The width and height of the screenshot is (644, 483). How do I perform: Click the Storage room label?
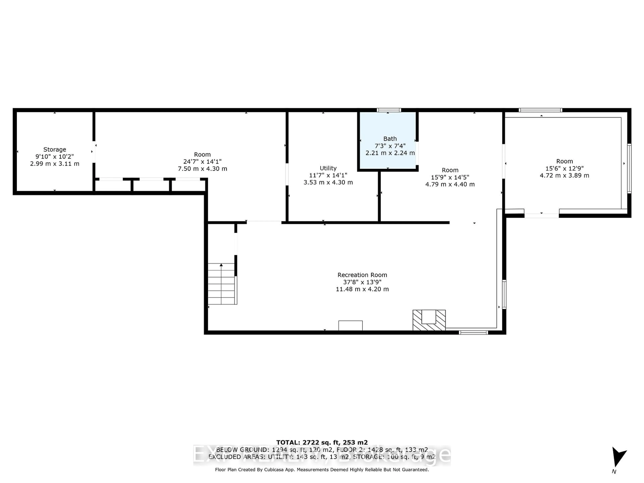[55, 149]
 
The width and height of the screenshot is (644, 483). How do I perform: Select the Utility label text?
[328, 168]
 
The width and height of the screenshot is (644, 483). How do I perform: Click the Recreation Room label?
[362, 275]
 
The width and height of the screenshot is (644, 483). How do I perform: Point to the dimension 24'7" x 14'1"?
[202, 162]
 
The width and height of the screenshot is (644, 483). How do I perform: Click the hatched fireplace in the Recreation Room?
[429, 320]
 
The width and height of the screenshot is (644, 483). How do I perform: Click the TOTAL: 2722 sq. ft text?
[322, 443]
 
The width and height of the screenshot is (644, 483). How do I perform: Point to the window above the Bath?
[389, 110]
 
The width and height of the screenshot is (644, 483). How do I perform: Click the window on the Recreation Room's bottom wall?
[473, 332]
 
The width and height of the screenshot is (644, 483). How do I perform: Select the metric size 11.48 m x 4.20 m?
[362, 289]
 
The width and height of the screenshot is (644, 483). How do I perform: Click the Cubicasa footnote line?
[322, 470]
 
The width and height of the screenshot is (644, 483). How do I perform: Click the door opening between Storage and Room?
[94, 152]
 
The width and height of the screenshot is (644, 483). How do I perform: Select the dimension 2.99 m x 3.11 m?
[55, 164]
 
